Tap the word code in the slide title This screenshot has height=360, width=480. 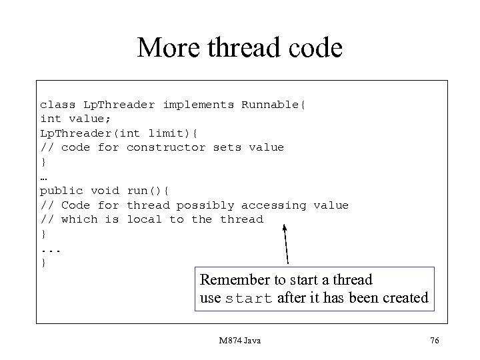(x=314, y=48)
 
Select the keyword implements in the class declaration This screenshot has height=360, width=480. (x=198, y=104)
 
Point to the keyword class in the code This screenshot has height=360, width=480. (x=58, y=104)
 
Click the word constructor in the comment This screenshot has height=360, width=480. (x=166, y=147)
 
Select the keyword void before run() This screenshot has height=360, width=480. (x=105, y=191)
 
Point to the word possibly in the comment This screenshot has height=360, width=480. (x=205, y=205)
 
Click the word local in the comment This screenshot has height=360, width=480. (x=144, y=219)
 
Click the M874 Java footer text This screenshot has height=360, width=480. (x=239, y=341)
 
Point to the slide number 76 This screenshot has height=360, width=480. (x=435, y=341)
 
